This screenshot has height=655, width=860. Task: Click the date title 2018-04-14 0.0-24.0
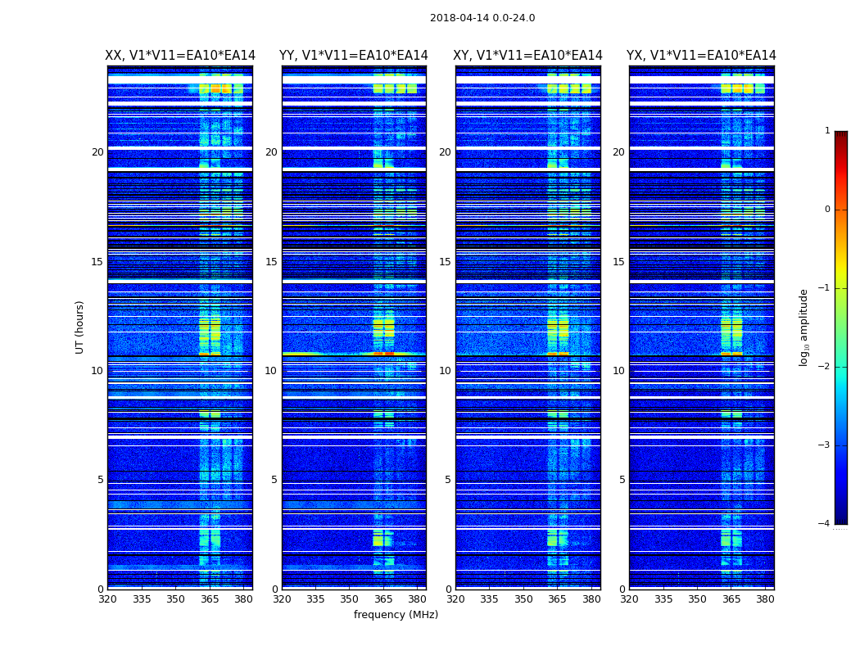point(482,18)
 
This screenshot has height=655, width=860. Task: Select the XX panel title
point(180,56)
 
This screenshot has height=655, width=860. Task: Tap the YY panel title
point(354,56)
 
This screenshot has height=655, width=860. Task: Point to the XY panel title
point(528,56)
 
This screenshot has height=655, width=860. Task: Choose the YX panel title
point(701,56)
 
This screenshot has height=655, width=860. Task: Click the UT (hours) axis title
point(80,327)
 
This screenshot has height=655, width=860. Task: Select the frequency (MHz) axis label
point(396,615)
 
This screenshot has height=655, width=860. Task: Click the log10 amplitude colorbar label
point(804,327)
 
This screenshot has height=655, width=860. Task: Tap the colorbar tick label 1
point(826,131)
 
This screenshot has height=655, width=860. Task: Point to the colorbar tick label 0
point(826,210)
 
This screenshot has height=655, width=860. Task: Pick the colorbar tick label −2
point(824,367)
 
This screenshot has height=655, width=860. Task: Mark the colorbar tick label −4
point(824,524)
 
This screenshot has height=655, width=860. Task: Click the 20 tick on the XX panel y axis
point(97,152)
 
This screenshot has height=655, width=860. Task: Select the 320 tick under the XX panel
point(107,599)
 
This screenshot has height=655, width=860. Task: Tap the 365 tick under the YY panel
point(383,599)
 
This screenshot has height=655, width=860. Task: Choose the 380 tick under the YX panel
point(765,599)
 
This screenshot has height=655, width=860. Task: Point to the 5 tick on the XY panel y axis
point(448,480)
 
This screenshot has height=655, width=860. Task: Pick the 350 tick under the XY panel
point(523,599)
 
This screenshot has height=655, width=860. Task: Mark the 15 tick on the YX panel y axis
point(619,262)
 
